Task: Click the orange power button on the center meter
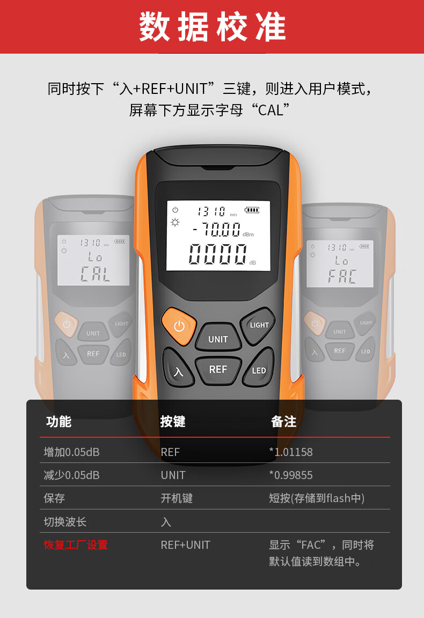pyautogui.click(x=179, y=326)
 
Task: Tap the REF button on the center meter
pyautogui.click(x=218, y=370)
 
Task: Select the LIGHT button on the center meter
pyautogui.click(x=258, y=326)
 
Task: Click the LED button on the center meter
pyautogui.click(x=258, y=368)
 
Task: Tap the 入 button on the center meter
pyautogui.click(x=178, y=369)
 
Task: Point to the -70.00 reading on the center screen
pyautogui.click(x=217, y=230)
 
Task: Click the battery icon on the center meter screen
pyautogui.click(x=252, y=210)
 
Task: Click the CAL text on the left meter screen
pyautogui.click(x=95, y=274)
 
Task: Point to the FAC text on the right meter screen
pyautogui.click(x=342, y=276)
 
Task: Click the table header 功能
pyautogui.click(x=59, y=421)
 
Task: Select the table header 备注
pyautogui.click(x=283, y=421)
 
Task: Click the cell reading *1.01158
pyautogui.click(x=291, y=452)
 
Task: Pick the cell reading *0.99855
pyautogui.click(x=291, y=475)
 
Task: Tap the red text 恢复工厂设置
pyautogui.click(x=76, y=545)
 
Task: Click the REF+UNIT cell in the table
pyautogui.click(x=185, y=545)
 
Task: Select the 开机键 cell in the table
pyautogui.click(x=177, y=498)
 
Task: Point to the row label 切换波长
pyautogui.click(x=65, y=522)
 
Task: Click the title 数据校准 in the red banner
pyautogui.click(x=212, y=27)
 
